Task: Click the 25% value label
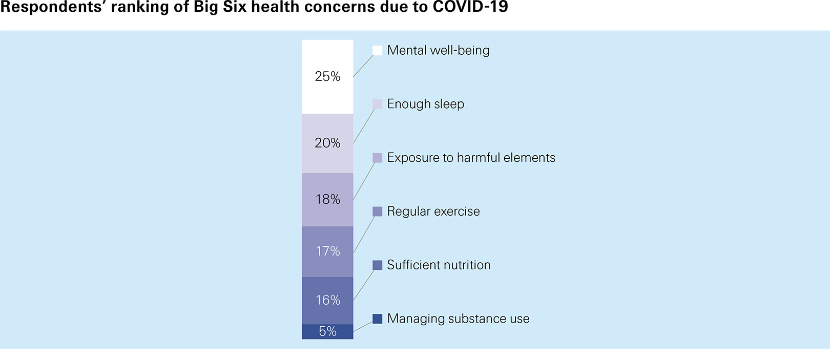pyautogui.click(x=327, y=76)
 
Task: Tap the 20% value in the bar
pyautogui.click(x=327, y=143)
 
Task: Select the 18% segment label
pyautogui.click(x=327, y=199)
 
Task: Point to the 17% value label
pyautogui.click(x=327, y=251)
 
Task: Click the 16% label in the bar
pyautogui.click(x=327, y=300)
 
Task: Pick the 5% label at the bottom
pyautogui.click(x=327, y=331)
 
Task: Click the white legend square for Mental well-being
pyautogui.click(x=377, y=50)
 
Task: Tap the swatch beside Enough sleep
pyautogui.click(x=377, y=104)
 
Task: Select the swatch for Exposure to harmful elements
pyautogui.click(x=377, y=158)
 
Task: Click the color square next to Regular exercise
pyautogui.click(x=377, y=211)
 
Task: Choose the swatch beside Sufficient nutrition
pyautogui.click(x=377, y=265)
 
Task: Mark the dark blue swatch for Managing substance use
pyautogui.click(x=377, y=319)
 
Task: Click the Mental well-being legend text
pyautogui.click(x=438, y=50)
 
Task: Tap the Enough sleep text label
pyautogui.click(x=425, y=104)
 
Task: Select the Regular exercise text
pyautogui.click(x=433, y=211)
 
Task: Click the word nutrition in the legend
pyautogui.click(x=467, y=265)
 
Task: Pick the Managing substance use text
pyautogui.click(x=458, y=319)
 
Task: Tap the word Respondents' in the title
pyautogui.click(x=53, y=7)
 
